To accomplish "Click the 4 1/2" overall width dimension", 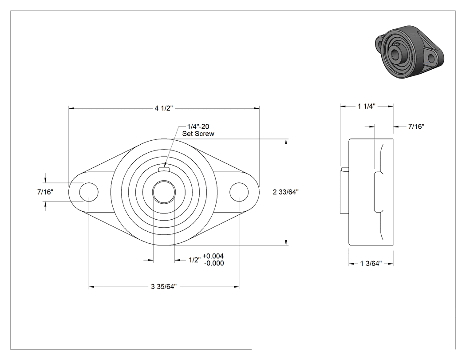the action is [163, 108].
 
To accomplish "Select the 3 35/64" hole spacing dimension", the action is [164, 287].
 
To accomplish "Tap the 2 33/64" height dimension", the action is [286, 192].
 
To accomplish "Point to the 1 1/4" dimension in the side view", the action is [367, 106].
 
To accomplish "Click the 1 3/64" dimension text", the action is [371, 264].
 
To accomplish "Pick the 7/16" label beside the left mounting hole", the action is [45, 192].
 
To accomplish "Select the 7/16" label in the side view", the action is [416, 127].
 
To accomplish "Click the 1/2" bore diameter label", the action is [195, 260].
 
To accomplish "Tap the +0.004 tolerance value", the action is [213, 256].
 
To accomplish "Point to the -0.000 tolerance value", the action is [214, 263].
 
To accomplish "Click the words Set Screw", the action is [198, 134].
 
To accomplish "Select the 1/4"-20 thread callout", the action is [198, 127].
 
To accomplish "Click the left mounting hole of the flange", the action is [89, 192].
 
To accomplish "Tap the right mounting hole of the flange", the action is [239, 192].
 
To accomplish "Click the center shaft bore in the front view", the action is [164, 192].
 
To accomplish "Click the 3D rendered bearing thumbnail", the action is [410, 52].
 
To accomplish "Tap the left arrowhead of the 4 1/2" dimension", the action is [72, 108].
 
